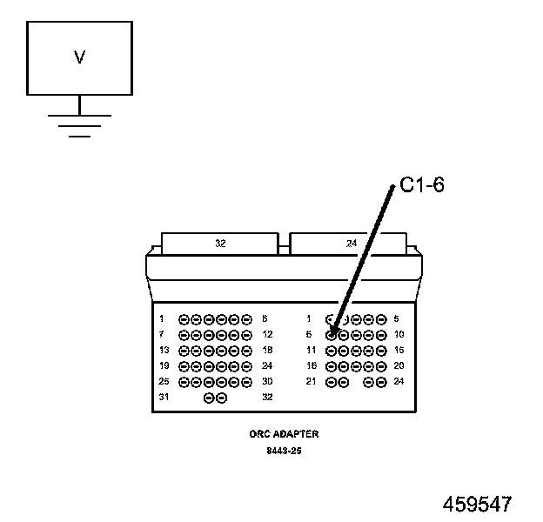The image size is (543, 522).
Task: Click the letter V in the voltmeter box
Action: point(79,58)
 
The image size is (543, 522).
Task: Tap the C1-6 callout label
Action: point(422,185)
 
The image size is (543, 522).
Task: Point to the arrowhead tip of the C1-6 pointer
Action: point(332,331)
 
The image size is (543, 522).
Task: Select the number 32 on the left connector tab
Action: point(220,244)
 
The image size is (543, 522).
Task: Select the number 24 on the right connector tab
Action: point(351,244)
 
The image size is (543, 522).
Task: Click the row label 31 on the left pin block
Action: point(164,398)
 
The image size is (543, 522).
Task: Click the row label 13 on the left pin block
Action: point(164,350)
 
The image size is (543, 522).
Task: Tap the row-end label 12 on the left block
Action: point(267,335)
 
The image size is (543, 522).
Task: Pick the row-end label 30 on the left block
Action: point(267,382)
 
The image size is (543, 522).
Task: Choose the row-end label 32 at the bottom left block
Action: point(267,398)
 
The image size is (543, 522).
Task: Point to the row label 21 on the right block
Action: point(311,382)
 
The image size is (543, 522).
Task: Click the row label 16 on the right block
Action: point(311,366)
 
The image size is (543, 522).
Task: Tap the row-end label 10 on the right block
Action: point(399,335)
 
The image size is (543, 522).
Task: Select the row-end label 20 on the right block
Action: point(399,366)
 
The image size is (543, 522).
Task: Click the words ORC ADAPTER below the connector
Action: point(284,433)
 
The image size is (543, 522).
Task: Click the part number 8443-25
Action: point(284,452)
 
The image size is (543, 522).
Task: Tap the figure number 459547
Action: point(477,504)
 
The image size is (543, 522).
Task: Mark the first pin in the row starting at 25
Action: point(184,382)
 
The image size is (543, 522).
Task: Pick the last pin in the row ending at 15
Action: point(381,351)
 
